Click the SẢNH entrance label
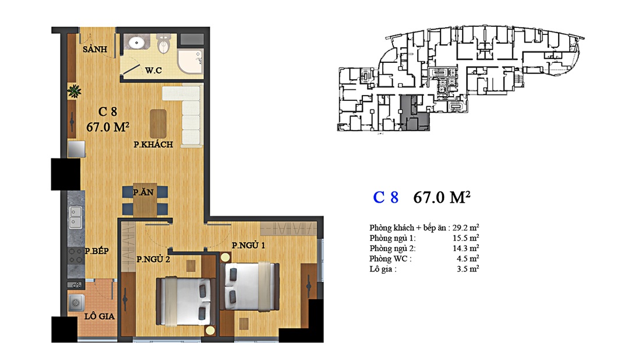[x=95, y=49]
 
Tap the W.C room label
[x=153, y=70]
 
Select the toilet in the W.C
[x=164, y=43]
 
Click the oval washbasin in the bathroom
[x=137, y=42]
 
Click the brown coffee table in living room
[x=158, y=123]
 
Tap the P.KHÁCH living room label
[x=153, y=144]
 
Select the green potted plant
[x=74, y=91]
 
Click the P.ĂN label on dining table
[x=143, y=192]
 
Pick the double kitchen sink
[x=75, y=217]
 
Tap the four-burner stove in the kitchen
[x=75, y=256]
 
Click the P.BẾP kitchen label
[x=96, y=251]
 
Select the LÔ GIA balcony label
[x=99, y=316]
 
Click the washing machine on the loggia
[x=76, y=303]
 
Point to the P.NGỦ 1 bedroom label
[x=248, y=245]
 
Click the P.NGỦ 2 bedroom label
[x=153, y=259]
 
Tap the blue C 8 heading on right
[x=386, y=197]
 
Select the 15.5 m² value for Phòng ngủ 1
[x=465, y=238]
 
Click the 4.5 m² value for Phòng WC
[x=468, y=259]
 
